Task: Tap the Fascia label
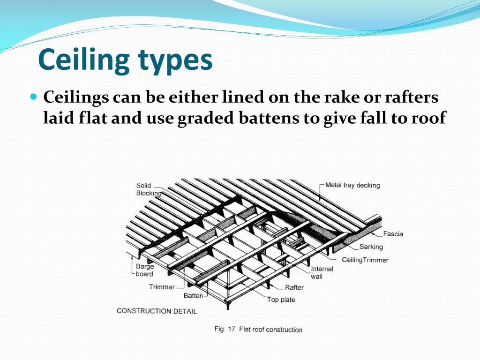pyautogui.click(x=393, y=234)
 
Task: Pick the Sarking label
pyautogui.click(x=371, y=247)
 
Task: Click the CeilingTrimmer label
pyautogui.click(x=365, y=260)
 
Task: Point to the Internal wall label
pyautogui.click(x=322, y=272)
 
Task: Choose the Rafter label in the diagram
pyautogui.click(x=294, y=287)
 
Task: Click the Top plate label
pyautogui.click(x=281, y=300)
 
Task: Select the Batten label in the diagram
pyautogui.click(x=193, y=296)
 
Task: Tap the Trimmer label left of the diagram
pyautogui.click(x=162, y=286)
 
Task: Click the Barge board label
pyautogui.click(x=144, y=270)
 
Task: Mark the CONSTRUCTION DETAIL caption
pyautogui.click(x=157, y=311)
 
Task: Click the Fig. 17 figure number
pyautogui.click(x=225, y=329)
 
